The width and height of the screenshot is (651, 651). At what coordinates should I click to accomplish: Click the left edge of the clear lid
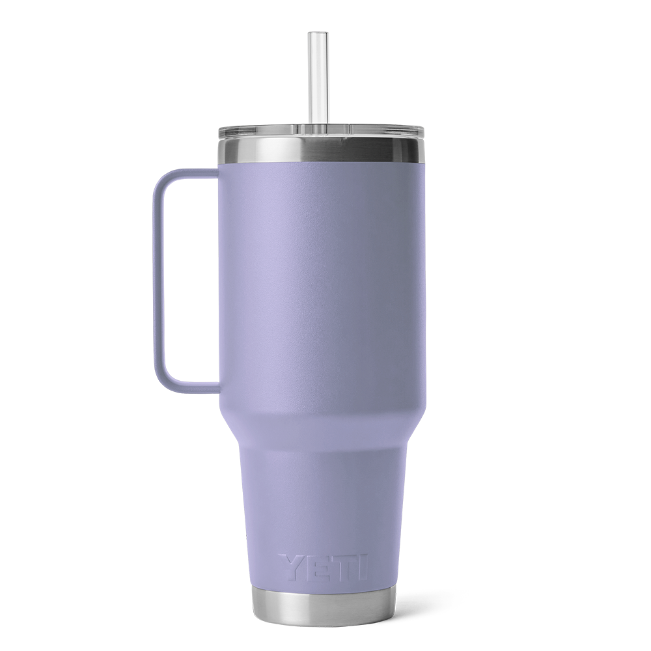click(x=219, y=133)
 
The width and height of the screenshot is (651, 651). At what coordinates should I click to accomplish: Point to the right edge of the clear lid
click(x=424, y=133)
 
